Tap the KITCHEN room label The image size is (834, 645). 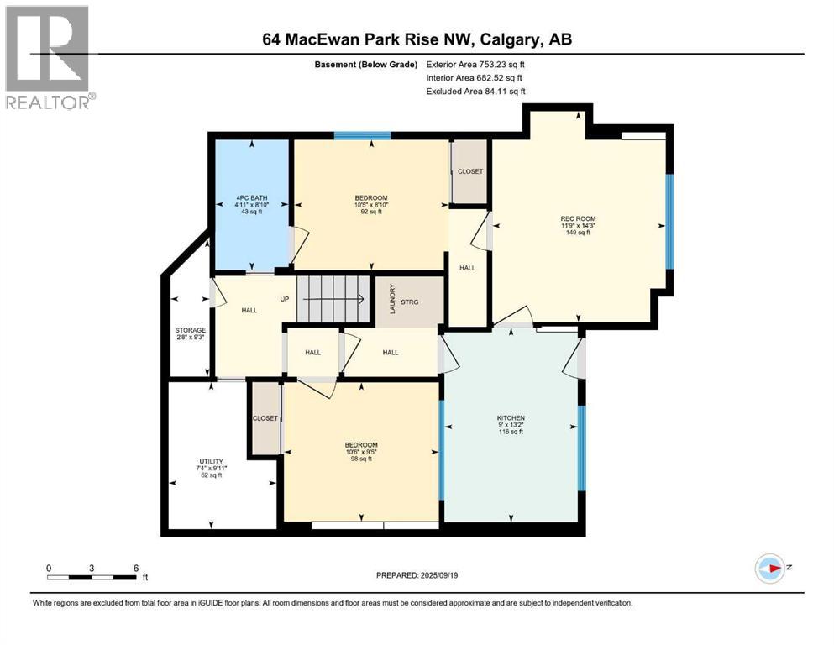tap(511, 417)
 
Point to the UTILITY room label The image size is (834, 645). tap(211, 461)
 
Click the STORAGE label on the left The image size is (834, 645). tap(190, 330)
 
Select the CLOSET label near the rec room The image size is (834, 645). tap(470, 171)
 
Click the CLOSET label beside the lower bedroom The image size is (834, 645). tap(265, 418)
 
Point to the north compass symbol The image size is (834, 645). tap(771, 569)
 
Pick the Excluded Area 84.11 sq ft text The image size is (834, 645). tap(476, 91)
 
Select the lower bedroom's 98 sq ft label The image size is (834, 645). tap(360, 454)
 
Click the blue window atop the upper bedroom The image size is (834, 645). tap(362, 135)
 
